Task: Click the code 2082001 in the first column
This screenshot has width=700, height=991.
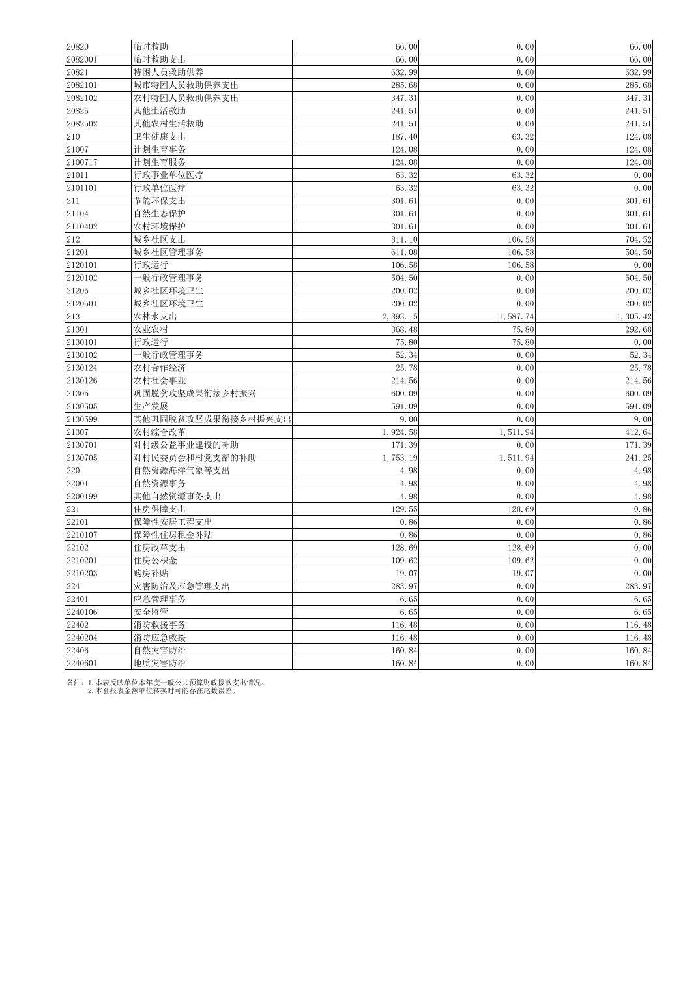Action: tap(81, 59)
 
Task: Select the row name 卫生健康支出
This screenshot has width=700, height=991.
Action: tap(159, 136)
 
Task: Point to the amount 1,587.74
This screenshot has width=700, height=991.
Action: tap(516, 316)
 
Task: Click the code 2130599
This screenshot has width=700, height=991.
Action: tap(81, 419)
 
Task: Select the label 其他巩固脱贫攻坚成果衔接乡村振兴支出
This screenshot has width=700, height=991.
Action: tap(212, 419)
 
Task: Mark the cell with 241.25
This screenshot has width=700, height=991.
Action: tap(638, 458)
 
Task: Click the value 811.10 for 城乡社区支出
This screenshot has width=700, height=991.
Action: tap(404, 239)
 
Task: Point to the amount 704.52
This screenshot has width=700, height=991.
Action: tap(638, 239)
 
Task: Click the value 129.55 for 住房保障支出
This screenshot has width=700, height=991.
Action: tap(404, 509)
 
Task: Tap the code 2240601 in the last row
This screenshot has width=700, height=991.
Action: tap(81, 663)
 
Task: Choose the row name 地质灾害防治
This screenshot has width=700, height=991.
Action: tap(159, 663)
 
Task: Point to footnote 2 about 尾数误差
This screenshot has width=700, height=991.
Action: tap(163, 690)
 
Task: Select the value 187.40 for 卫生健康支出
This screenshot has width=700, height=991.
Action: tap(404, 136)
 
